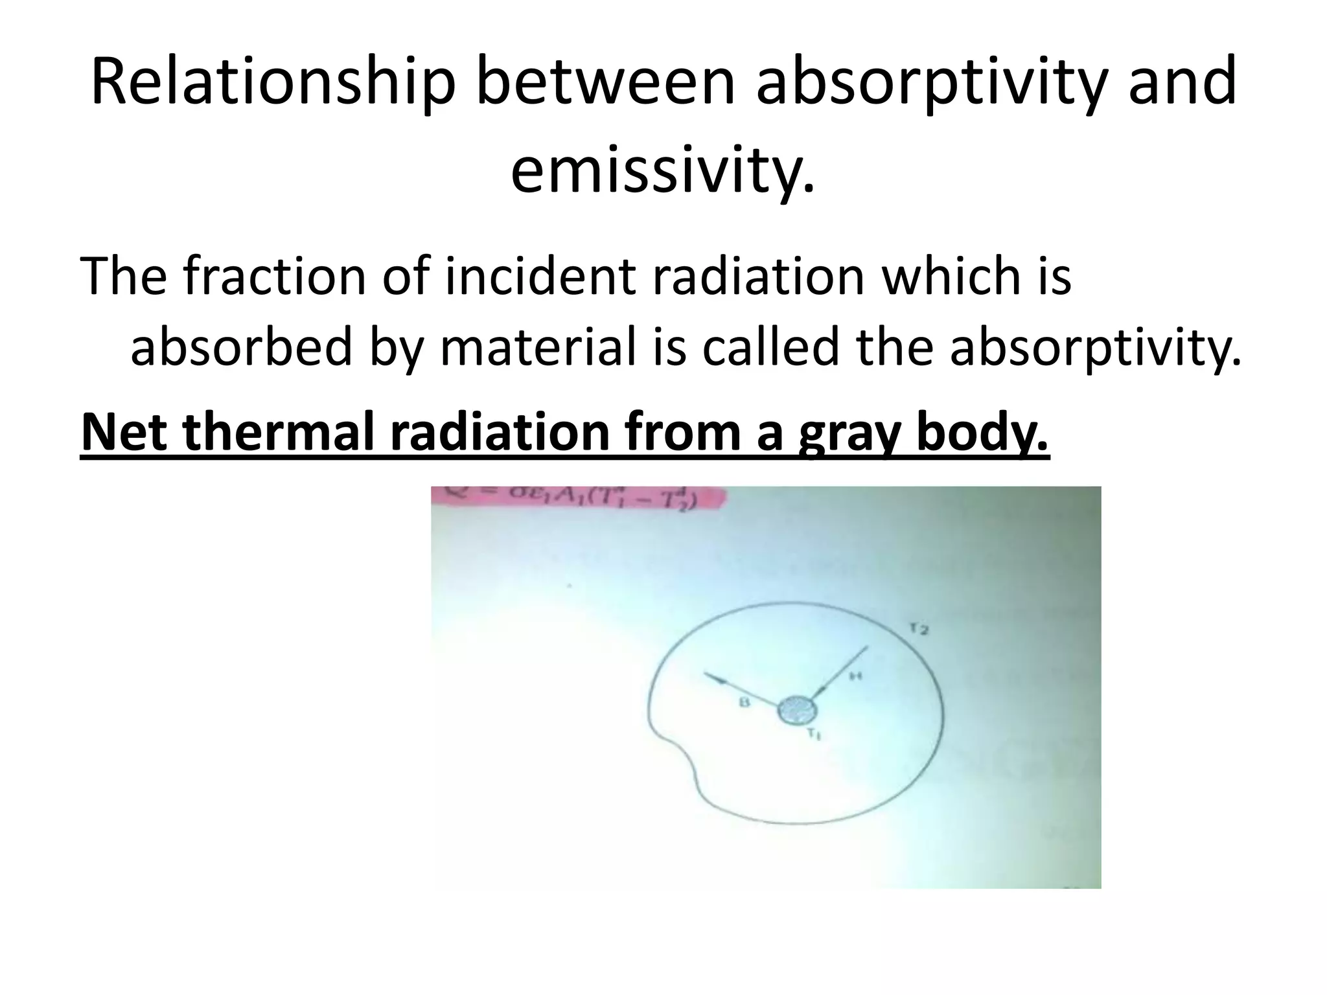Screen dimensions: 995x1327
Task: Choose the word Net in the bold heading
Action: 123,432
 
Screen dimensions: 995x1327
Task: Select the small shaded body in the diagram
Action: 798,712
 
